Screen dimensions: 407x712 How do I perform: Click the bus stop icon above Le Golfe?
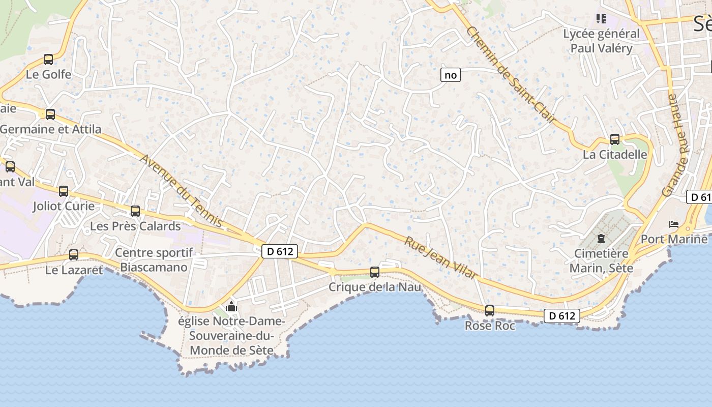tap(48, 60)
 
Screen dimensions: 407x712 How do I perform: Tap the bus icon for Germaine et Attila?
tap(50, 114)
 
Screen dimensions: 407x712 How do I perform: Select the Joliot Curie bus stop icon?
tap(64, 191)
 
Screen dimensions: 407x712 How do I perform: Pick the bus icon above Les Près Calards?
tap(135, 211)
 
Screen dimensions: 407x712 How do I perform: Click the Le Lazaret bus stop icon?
tap(74, 255)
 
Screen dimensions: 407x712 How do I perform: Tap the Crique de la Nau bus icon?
tap(375, 272)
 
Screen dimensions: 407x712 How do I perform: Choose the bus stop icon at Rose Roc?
tap(490, 311)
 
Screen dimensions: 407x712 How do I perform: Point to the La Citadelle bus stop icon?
tap(615, 139)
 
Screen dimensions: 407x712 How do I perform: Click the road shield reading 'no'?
tap(451, 75)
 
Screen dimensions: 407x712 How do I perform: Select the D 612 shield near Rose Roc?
tap(562, 316)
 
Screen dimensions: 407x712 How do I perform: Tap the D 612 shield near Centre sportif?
tap(280, 251)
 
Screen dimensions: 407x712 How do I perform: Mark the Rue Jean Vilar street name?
tap(441, 257)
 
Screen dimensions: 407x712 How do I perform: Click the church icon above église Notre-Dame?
tap(231, 306)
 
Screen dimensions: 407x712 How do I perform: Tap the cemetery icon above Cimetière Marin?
tap(601, 238)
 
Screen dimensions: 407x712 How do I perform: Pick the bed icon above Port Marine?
tap(674, 224)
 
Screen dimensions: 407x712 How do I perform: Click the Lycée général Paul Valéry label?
tap(601, 41)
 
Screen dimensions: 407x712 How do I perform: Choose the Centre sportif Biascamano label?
tap(154, 259)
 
